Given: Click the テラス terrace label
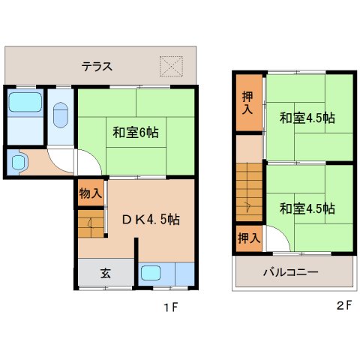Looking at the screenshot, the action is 97,67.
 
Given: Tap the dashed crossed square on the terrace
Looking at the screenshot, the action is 171,67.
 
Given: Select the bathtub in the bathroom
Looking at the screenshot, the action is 25,102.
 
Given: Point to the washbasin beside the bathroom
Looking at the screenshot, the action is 19,162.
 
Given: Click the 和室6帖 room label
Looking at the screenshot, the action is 136,133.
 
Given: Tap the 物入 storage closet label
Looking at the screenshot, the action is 91,193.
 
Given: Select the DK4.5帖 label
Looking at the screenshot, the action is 151,220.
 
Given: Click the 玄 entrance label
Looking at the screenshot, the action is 106,273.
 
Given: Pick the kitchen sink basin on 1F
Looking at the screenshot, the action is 151,273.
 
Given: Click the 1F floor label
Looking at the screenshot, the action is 171,307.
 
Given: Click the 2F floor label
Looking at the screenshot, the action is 344,305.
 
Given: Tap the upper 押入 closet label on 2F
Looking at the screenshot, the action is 247,103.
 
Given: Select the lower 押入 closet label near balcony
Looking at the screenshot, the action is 249,238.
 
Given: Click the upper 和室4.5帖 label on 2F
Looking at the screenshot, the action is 307,118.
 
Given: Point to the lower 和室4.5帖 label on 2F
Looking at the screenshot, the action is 307,208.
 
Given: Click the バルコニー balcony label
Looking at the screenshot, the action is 291,271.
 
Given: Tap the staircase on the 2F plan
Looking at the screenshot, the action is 249,192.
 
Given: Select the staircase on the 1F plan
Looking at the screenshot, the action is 91,223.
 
